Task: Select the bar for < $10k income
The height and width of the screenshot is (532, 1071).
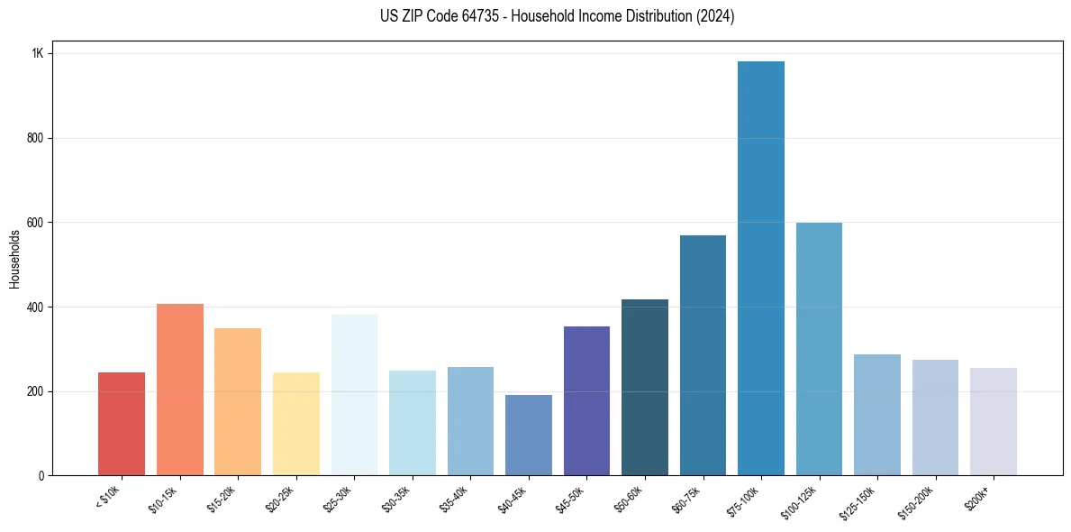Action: click(x=122, y=424)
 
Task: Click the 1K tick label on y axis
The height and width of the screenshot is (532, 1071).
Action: click(x=37, y=54)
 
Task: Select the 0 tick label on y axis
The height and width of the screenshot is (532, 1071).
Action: click(x=40, y=476)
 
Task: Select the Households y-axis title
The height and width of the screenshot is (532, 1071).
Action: click(x=14, y=259)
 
